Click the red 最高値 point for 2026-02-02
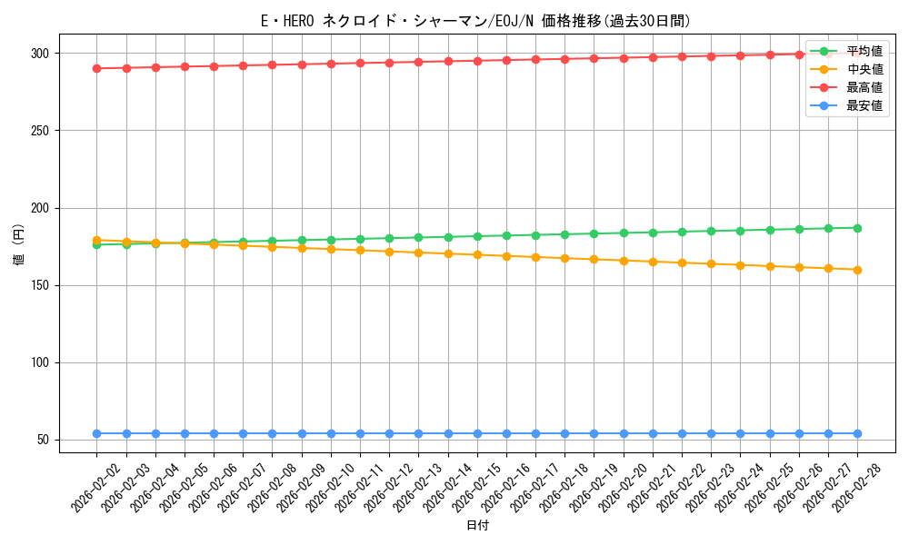coord(96,68)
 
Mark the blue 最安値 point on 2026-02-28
coord(857,433)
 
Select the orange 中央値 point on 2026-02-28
coord(857,270)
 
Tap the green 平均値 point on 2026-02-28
coord(857,228)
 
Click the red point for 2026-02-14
coord(448,61)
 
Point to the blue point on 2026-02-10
coord(331,433)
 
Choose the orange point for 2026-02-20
coord(624,261)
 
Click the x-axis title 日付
coord(477,526)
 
